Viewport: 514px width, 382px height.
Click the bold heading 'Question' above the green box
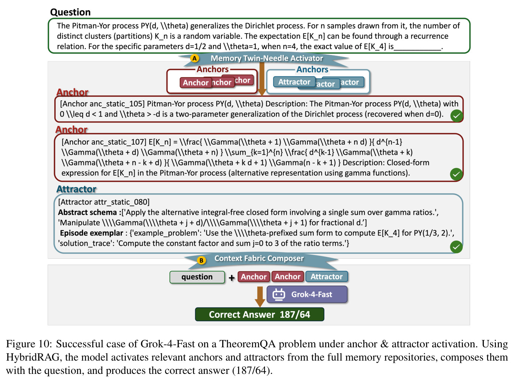(x=70, y=12)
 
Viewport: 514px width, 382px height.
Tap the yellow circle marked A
(x=194, y=58)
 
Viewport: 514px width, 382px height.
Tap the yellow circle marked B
(x=201, y=260)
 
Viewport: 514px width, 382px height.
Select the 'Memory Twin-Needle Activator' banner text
(x=266, y=58)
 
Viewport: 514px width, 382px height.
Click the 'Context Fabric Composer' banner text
(x=259, y=258)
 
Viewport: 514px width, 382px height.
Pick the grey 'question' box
(x=197, y=277)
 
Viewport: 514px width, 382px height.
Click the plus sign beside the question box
(x=231, y=278)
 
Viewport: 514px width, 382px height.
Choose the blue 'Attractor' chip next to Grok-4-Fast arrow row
(x=327, y=276)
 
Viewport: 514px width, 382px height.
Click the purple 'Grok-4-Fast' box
(x=307, y=295)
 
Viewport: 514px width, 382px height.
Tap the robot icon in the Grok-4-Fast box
(x=279, y=295)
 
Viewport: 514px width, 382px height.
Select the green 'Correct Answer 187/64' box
(x=259, y=314)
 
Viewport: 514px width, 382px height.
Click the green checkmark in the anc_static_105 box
(x=456, y=116)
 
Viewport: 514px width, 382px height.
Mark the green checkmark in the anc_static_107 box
(x=456, y=174)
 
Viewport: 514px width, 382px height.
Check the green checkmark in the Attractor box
(x=456, y=247)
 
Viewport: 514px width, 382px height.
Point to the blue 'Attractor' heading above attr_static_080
(x=76, y=189)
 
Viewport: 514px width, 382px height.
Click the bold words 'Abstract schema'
(x=87, y=213)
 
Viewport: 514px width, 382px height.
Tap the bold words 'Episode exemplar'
(x=92, y=233)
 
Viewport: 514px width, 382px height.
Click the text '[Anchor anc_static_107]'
(x=104, y=142)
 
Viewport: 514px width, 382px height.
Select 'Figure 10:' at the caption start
(x=29, y=344)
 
